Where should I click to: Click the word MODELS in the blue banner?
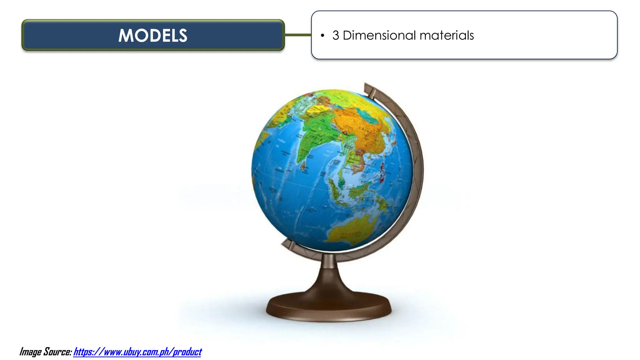coord(153,35)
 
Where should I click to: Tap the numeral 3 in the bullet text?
coord(336,35)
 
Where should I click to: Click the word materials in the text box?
coord(447,35)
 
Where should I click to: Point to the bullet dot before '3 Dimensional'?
coord(322,36)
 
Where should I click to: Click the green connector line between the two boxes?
coord(298,35)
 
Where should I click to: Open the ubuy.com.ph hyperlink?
coord(137,352)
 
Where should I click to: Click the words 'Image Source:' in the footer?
coord(46,352)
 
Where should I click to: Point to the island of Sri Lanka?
coord(303,165)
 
